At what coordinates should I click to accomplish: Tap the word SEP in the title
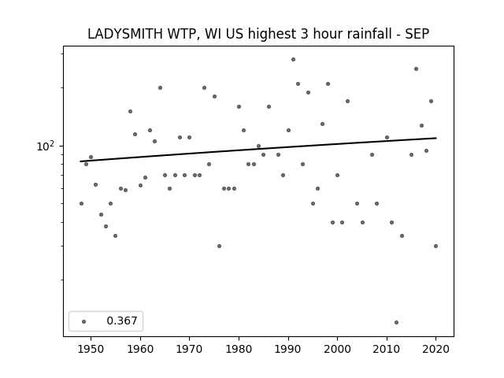pyautogui.click(x=417, y=34)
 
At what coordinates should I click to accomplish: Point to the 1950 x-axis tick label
pyautogui.click(x=91, y=349)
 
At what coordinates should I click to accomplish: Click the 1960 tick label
pyautogui.click(x=140, y=349)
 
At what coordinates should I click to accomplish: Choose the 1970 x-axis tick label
pyautogui.click(x=189, y=349)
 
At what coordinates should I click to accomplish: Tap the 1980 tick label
pyautogui.click(x=239, y=349)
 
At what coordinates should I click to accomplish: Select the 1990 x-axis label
pyautogui.click(x=288, y=349)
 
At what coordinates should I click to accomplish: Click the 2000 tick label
pyautogui.click(x=337, y=349)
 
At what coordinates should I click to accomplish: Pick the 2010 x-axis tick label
pyautogui.click(x=387, y=349)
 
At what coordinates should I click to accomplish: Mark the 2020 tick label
pyautogui.click(x=435, y=349)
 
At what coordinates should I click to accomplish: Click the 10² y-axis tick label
pyautogui.click(x=46, y=146)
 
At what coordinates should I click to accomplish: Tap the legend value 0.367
pyautogui.click(x=122, y=321)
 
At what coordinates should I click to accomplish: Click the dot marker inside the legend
pyautogui.click(x=83, y=321)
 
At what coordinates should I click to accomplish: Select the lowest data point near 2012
pyautogui.click(x=396, y=322)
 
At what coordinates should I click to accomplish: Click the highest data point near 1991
pyautogui.click(x=293, y=60)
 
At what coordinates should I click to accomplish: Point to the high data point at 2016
pyautogui.click(x=416, y=69)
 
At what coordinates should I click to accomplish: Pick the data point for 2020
pyautogui.click(x=435, y=246)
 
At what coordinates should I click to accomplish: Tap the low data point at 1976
pyautogui.click(x=219, y=246)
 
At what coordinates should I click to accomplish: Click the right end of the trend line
pyautogui.click(x=436, y=138)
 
